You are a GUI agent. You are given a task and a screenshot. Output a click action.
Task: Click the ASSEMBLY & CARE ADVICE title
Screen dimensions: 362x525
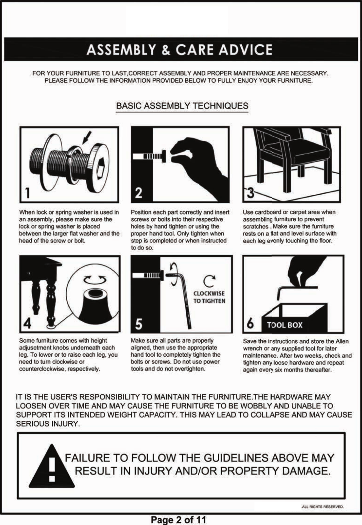click(179, 50)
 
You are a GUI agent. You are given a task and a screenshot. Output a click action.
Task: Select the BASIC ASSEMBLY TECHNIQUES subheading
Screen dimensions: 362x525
click(182, 106)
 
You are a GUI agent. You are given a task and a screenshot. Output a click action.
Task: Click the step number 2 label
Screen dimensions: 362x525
click(138, 193)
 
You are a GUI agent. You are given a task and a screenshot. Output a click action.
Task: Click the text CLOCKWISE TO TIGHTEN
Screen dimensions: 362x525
click(209, 297)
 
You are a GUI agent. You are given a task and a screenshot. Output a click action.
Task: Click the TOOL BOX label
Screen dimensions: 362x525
click(285, 325)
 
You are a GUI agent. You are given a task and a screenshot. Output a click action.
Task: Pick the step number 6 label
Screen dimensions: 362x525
click(250, 325)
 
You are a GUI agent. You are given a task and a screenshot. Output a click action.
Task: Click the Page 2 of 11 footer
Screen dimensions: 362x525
click(179, 520)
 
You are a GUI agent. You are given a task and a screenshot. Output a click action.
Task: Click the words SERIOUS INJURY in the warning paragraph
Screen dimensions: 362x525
click(47, 424)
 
